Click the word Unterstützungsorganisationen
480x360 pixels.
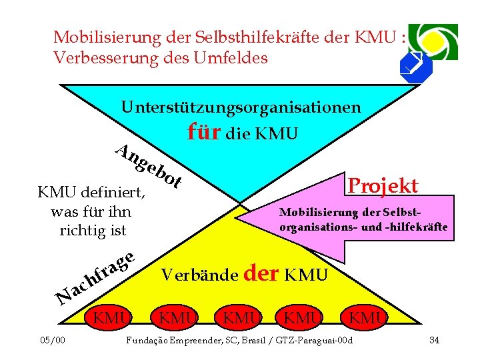[241, 107]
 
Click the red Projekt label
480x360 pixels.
[383, 185]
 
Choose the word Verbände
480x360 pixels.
[200, 275]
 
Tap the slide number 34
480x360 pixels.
[434, 341]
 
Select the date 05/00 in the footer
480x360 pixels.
[53, 341]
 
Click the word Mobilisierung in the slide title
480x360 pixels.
[99, 36]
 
